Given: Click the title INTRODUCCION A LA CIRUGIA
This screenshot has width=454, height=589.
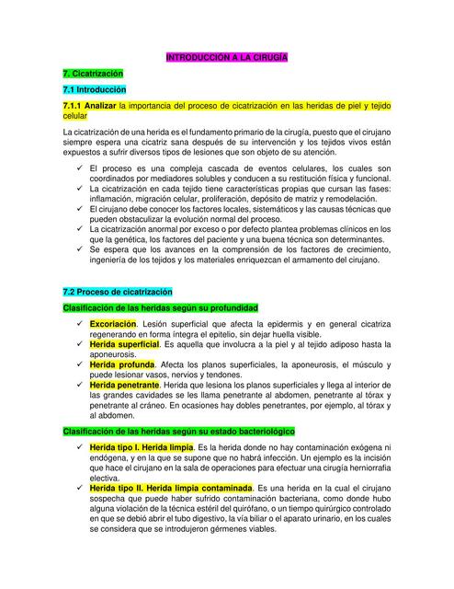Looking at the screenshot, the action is pos(226,57).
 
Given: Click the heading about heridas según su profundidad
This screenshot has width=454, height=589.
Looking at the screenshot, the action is pos(160,307).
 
